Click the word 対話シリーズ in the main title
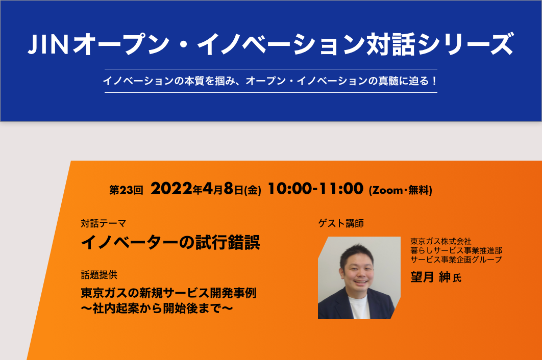[440, 44]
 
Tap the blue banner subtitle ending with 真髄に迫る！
[270, 81]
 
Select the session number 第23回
[126, 190]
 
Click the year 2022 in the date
[171, 189]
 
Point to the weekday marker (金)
[253, 190]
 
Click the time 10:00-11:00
[315, 189]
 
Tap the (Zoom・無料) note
[401, 190]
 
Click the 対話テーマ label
[104, 223]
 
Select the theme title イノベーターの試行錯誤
[170, 242]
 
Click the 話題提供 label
[99, 275]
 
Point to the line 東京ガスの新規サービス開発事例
[169, 293]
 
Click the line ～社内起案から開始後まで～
[157, 308]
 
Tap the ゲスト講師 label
[341, 223]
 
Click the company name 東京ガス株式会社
[441, 241]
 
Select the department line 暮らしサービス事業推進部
[456, 250]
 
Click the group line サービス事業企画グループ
[456, 259]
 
